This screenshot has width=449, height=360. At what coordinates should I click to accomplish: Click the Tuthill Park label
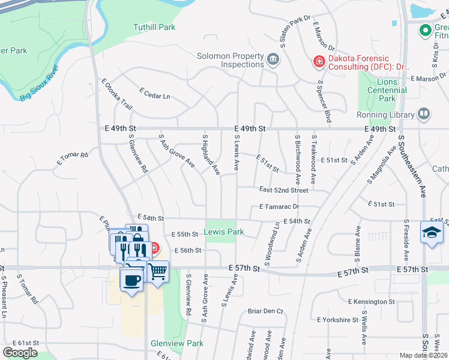point(154,27)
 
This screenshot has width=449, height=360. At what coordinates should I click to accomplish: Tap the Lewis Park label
point(224,232)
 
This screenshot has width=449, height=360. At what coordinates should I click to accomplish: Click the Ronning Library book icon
point(424,114)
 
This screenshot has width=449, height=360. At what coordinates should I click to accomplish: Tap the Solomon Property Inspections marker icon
point(274,59)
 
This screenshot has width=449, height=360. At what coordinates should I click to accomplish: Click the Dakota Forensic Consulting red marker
point(318,61)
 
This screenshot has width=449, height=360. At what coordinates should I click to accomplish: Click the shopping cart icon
point(158,271)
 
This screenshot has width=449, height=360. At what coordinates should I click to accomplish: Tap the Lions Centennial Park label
point(379,90)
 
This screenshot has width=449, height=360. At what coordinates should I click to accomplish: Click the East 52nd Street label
point(283,190)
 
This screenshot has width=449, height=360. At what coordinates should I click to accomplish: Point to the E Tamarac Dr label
point(280,206)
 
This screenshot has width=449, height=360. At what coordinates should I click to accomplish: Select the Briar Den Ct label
point(265,311)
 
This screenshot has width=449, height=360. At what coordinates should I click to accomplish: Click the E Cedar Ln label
point(155,94)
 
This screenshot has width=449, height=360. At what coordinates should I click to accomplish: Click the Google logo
point(20,353)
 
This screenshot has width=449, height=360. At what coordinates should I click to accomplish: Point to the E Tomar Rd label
point(73,158)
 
